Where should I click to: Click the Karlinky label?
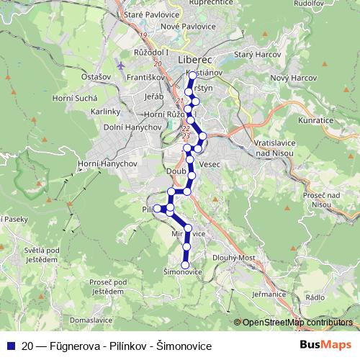(106, 112)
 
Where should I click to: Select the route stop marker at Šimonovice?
(185, 265)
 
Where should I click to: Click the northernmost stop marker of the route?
(192, 75)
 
